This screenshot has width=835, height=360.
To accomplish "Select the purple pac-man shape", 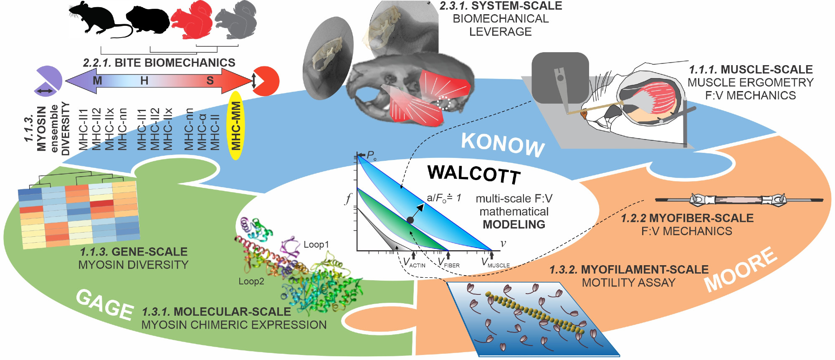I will (x=48, y=79).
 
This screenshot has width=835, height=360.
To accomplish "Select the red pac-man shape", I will (x=267, y=81).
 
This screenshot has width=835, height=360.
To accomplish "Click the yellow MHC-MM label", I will (x=236, y=126).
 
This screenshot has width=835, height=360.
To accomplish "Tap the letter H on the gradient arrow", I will (x=144, y=81).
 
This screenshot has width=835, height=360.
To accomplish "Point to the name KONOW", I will (x=503, y=145).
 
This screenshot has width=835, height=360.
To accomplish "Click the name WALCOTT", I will (x=474, y=173).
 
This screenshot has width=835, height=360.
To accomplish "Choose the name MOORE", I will (x=741, y=269).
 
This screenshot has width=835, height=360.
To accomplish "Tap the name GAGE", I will (x=104, y=305).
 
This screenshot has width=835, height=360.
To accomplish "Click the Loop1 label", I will (x=316, y=245).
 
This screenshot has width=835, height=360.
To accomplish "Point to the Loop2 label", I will (x=251, y=281).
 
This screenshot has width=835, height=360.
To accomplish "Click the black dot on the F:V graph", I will (x=410, y=220).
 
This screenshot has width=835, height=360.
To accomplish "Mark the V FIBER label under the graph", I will (x=448, y=263).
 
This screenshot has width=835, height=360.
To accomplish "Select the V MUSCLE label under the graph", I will (x=495, y=263).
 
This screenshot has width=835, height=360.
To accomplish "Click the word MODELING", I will (x=514, y=225).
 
